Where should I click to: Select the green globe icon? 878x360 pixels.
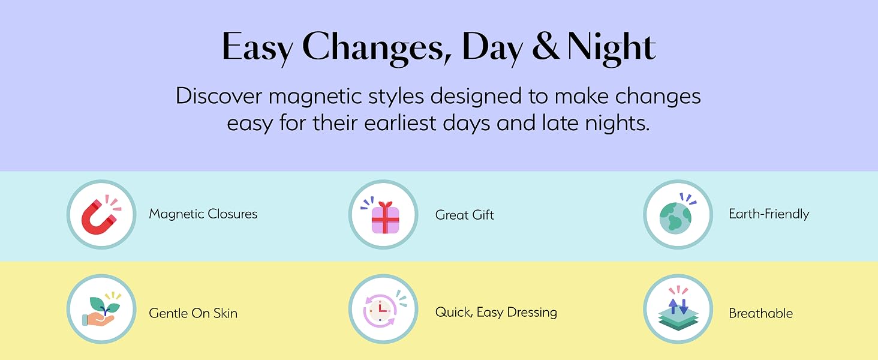(675, 218)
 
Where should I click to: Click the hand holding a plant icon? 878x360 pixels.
(101, 311)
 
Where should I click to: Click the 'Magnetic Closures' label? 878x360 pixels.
(203, 214)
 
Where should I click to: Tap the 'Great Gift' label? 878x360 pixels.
(464, 215)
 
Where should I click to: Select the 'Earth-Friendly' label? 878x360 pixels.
(769, 214)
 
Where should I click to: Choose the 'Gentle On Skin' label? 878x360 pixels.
(193, 313)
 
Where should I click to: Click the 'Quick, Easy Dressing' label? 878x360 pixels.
(496, 312)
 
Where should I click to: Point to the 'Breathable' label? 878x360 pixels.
(761, 313)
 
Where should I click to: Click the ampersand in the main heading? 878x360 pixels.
(546, 46)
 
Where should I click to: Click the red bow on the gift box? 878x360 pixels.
(385, 205)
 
